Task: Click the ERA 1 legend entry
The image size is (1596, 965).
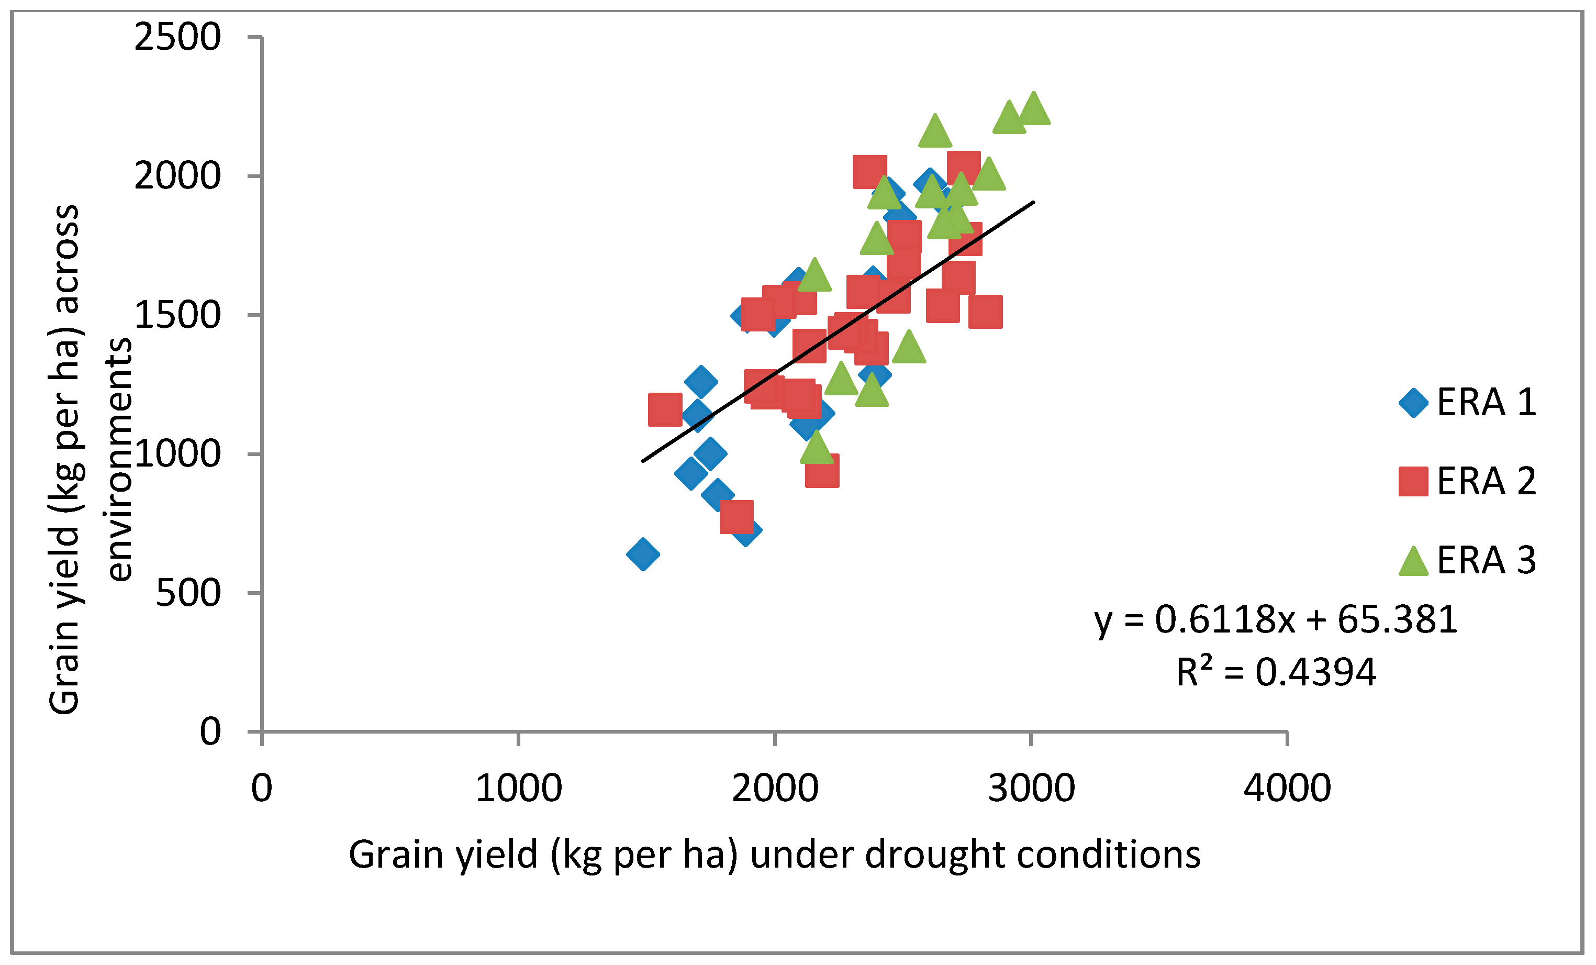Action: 1467,403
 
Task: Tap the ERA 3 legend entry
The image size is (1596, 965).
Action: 1467,560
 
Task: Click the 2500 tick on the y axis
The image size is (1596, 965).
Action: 177,37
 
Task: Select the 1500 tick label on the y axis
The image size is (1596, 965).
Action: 177,316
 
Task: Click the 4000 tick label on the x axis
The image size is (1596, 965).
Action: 1287,789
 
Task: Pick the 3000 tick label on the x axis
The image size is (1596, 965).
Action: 1031,789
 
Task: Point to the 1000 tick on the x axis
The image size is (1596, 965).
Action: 518,789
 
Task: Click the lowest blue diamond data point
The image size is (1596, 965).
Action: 643,554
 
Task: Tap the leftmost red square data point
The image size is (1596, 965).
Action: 665,409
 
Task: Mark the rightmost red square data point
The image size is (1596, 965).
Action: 986,312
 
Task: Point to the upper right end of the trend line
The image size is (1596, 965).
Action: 1034,202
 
